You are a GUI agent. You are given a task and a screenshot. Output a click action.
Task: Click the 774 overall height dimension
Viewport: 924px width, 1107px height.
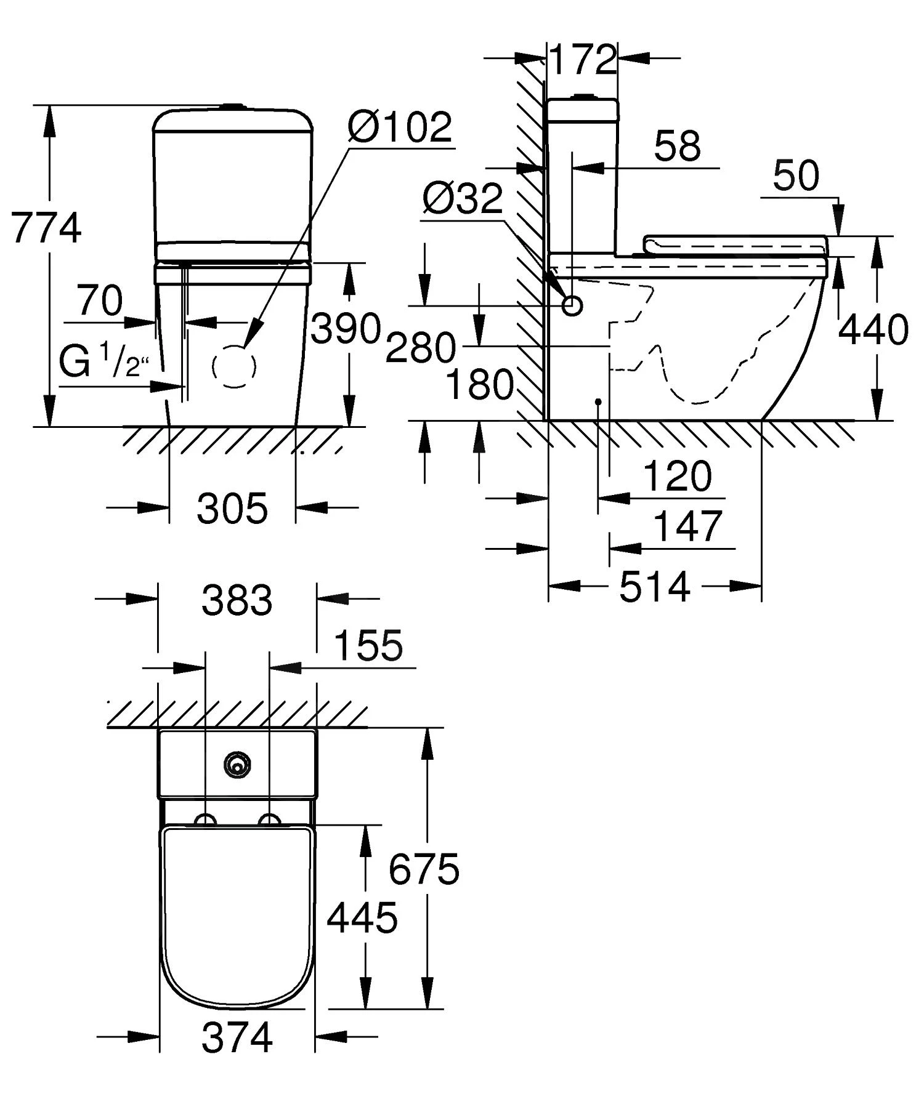(x=46, y=228)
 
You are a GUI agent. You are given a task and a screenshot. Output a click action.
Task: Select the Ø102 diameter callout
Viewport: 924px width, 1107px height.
(x=400, y=127)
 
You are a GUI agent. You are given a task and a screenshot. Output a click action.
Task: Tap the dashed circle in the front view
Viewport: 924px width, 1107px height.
(x=234, y=366)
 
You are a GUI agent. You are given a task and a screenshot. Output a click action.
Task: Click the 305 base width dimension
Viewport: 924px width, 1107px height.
(x=232, y=509)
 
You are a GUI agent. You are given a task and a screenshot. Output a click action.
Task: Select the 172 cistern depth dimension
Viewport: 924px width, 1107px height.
(x=582, y=60)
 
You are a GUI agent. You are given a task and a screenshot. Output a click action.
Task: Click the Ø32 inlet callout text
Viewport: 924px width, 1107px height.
(x=463, y=199)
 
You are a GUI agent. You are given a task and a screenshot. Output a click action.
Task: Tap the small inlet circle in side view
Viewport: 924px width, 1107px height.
(x=573, y=305)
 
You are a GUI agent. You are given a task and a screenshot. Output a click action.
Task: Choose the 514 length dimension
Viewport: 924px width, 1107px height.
(x=654, y=587)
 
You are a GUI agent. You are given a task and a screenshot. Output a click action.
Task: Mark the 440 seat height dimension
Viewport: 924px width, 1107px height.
(x=873, y=329)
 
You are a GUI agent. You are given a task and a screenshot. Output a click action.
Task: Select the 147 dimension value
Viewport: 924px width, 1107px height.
(x=686, y=527)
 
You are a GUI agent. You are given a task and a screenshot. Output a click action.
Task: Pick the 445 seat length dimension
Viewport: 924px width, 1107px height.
(x=362, y=918)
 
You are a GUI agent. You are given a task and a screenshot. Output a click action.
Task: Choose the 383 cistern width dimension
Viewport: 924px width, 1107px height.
(x=237, y=600)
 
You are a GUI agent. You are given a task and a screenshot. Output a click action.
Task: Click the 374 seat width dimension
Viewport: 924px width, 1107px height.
(x=237, y=1037)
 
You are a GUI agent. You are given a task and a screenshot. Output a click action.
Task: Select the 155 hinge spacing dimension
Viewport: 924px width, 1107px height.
(x=368, y=645)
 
